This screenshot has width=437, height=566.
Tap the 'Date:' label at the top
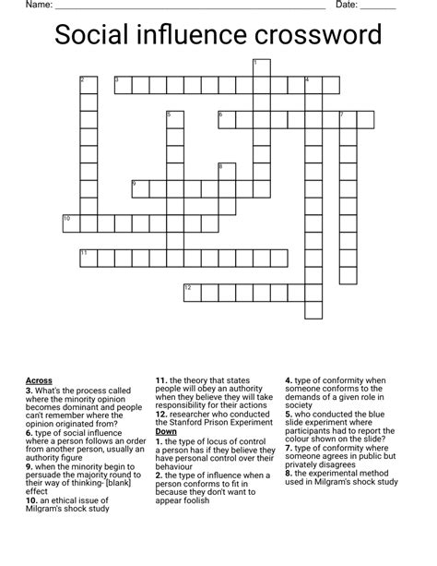pyautogui.click(x=347, y=6)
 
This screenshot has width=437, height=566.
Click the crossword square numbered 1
pyautogui.click(x=261, y=67)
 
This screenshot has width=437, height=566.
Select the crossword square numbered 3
pyautogui.click(x=123, y=85)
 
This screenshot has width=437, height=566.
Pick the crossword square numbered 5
pyautogui.click(x=175, y=120)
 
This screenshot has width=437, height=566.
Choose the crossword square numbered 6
pyautogui.click(x=227, y=119)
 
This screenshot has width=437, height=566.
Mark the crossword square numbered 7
pyautogui.click(x=348, y=119)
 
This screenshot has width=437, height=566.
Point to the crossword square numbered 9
pyautogui.click(x=140, y=188)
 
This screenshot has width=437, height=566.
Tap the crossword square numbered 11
pyautogui.click(x=89, y=257)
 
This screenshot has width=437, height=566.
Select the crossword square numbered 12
pyautogui.click(x=192, y=292)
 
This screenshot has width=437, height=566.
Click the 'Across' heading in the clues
pyautogui.click(x=39, y=380)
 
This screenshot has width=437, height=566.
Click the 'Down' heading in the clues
pyautogui.click(x=166, y=431)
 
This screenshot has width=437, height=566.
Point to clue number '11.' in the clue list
pyautogui.click(x=161, y=380)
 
